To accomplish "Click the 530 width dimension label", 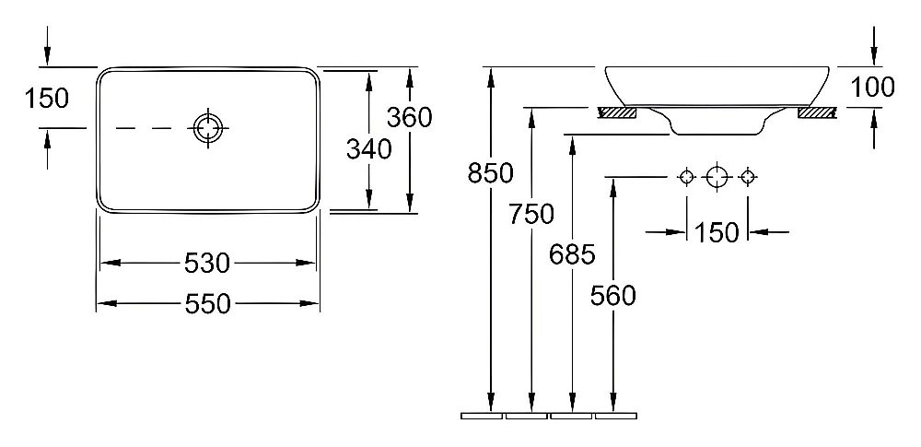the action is pyautogui.click(x=206, y=264).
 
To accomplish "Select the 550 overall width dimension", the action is pyautogui.click(x=207, y=304).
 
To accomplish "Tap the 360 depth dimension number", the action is pyautogui.click(x=410, y=118).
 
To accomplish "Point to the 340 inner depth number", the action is pyautogui.click(x=368, y=149).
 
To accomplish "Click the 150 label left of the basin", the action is pyautogui.click(x=46, y=99).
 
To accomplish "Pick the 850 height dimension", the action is pyautogui.click(x=491, y=173).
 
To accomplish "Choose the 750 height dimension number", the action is pyautogui.click(x=531, y=215).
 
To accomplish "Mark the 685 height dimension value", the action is pyautogui.click(x=573, y=254).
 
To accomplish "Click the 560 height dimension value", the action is pyautogui.click(x=613, y=295).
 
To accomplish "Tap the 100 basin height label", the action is pyautogui.click(x=873, y=87).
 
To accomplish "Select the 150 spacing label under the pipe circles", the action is pyautogui.click(x=716, y=233).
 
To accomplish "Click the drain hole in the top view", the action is pyautogui.click(x=208, y=127).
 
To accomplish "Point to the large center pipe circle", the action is pyautogui.click(x=717, y=176).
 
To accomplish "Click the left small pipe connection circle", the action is pyautogui.click(x=687, y=176).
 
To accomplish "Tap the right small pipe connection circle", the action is pyautogui.click(x=747, y=176).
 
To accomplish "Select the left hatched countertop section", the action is pyautogui.click(x=616, y=112).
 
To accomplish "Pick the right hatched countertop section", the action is pyautogui.click(x=817, y=112).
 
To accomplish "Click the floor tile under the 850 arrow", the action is pyautogui.click(x=482, y=416).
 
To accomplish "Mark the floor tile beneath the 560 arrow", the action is pyautogui.click(x=616, y=416).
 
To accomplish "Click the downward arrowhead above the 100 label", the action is pyautogui.click(x=874, y=56).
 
